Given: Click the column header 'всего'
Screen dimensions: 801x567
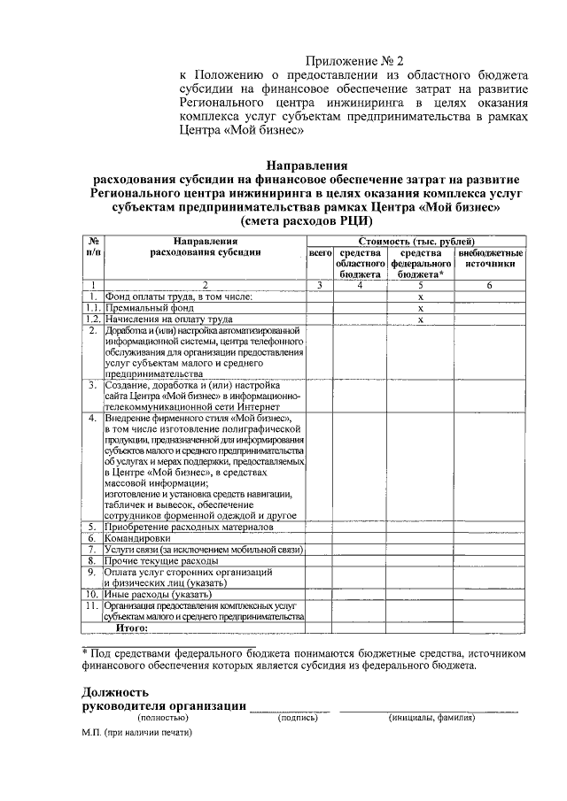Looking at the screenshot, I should click(319, 253).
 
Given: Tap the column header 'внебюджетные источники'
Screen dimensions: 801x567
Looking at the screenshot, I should click(490, 258).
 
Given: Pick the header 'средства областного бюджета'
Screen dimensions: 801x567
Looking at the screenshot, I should click(360, 264).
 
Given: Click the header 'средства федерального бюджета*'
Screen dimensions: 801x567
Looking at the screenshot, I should click(422, 264).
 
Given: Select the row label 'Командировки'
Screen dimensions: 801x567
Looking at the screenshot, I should click(139, 538).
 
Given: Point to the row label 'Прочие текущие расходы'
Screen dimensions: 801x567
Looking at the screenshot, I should click(159, 561).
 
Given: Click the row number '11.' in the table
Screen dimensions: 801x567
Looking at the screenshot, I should click(91, 606).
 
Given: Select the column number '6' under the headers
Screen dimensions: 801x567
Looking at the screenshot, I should click(490, 285).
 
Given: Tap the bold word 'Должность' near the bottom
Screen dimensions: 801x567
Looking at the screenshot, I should click(115, 691).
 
